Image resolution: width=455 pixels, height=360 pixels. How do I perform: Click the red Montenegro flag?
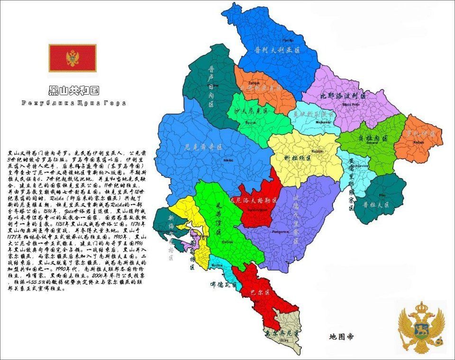click(x=72, y=58)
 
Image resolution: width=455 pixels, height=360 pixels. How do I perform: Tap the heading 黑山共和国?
click(x=73, y=90)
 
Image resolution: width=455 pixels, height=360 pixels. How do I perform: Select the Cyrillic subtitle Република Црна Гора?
click(x=73, y=102)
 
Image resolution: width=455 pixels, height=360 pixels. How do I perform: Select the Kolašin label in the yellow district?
click(x=317, y=151)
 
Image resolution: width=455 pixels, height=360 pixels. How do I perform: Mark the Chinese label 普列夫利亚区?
click(x=278, y=49)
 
